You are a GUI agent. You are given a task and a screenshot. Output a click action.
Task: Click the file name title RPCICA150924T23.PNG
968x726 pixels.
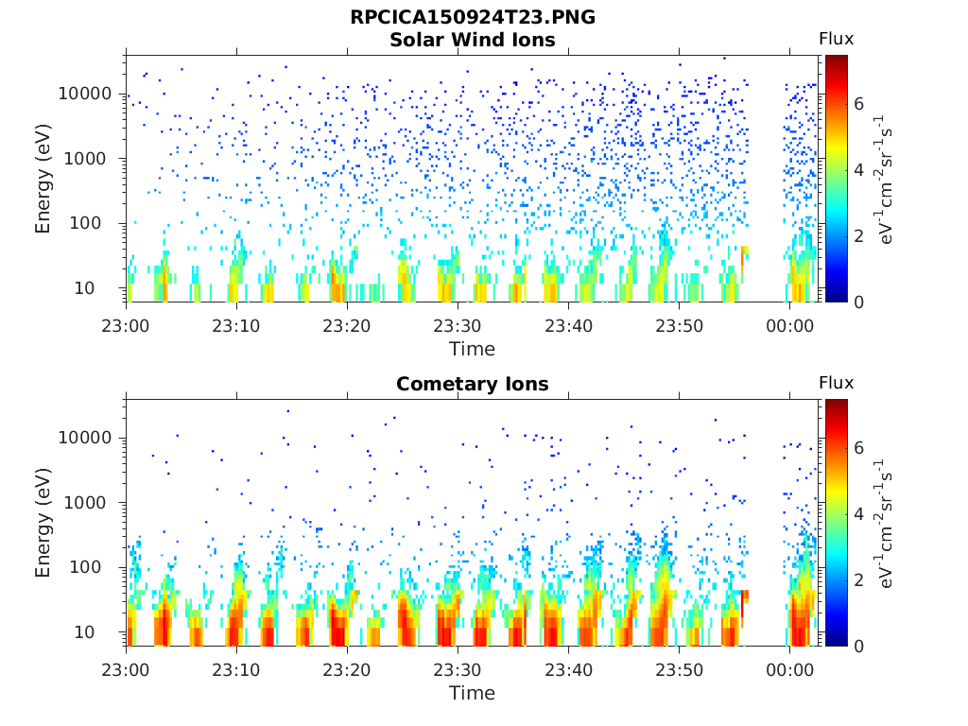(473, 17)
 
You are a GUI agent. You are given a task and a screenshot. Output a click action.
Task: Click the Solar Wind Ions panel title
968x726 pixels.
(473, 40)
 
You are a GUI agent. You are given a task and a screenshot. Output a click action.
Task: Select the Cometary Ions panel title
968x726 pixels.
(473, 384)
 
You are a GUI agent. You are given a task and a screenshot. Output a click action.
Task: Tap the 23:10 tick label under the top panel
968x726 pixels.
(236, 326)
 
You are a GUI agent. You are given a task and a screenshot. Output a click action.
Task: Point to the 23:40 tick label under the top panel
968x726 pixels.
(568, 326)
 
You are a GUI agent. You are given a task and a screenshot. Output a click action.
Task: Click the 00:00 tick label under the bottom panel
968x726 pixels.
(789, 670)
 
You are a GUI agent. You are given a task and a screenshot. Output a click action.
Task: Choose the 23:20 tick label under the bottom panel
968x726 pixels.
(347, 670)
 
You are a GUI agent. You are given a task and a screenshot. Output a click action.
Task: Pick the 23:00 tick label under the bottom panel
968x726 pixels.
(126, 670)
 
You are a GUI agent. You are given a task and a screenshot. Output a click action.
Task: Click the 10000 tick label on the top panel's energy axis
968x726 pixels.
(85, 94)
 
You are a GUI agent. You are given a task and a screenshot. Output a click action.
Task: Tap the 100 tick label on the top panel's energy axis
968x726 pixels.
(85, 223)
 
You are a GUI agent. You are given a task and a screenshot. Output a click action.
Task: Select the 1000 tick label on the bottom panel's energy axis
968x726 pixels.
(85, 503)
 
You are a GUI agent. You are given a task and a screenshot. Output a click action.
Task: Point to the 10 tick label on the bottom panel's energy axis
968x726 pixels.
(84, 632)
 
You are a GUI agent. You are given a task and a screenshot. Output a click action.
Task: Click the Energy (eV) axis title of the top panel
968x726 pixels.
(43, 179)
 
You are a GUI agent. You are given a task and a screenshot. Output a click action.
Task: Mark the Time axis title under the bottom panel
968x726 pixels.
(473, 693)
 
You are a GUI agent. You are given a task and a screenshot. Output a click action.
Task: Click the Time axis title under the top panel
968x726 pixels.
(473, 350)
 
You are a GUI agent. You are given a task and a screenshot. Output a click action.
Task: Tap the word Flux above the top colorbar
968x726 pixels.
(837, 39)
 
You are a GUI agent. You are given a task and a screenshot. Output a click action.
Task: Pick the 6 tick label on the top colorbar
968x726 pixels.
(858, 104)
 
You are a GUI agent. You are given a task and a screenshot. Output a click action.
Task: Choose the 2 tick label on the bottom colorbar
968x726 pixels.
(858, 580)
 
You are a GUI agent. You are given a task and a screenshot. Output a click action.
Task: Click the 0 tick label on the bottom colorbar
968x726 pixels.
(858, 647)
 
